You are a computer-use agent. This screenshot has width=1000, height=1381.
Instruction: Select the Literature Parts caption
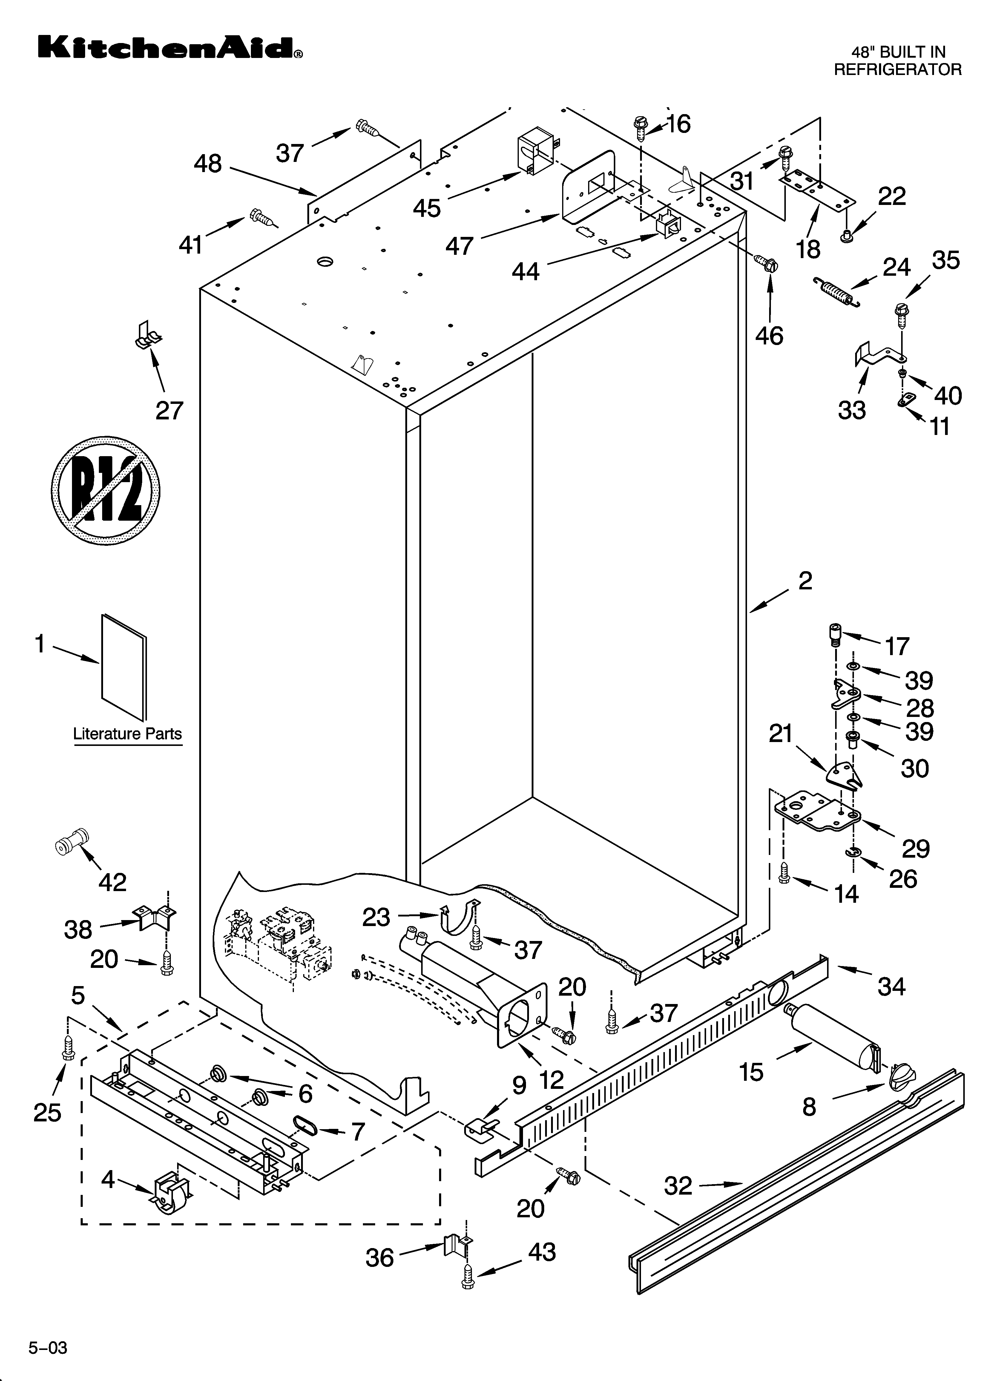click(127, 734)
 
